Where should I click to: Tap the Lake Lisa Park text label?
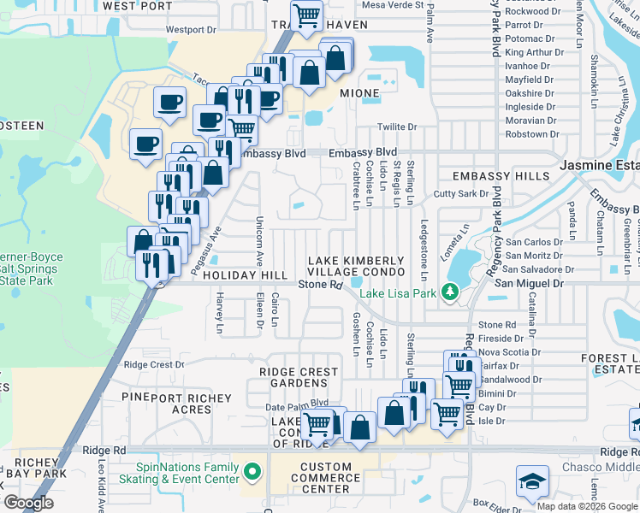[398, 293]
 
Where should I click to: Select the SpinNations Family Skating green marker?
[252, 472]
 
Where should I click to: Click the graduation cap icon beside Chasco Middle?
[531, 481]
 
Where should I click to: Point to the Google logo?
[28, 503]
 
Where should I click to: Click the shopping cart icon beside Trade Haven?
[305, 14]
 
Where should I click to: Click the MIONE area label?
[359, 92]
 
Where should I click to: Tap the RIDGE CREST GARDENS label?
[299, 378]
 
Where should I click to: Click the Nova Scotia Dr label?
[510, 351]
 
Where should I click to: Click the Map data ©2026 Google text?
[586, 505]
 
